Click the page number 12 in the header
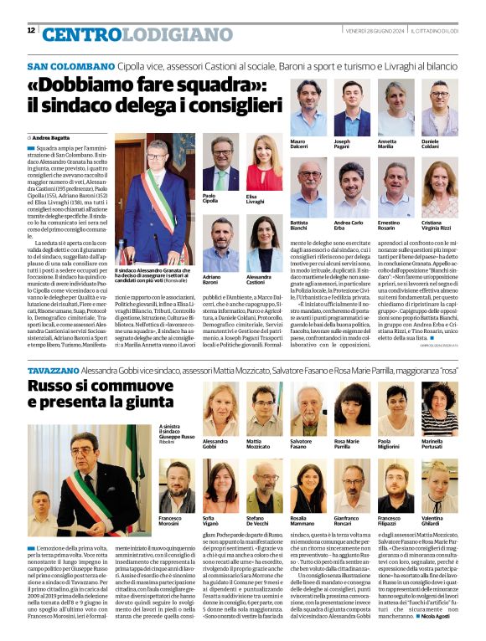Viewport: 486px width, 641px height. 31,31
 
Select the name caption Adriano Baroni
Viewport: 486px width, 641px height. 213,279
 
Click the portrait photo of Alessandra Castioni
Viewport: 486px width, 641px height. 263,244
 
